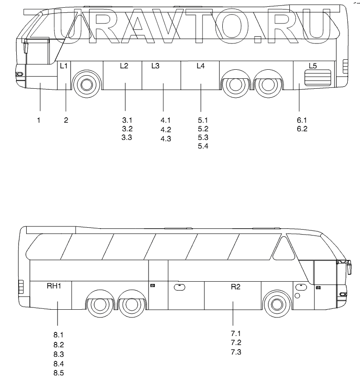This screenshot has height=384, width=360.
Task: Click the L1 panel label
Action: pyautogui.click(x=64, y=66)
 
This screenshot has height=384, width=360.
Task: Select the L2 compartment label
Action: pyautogui.click(x=124, y=66)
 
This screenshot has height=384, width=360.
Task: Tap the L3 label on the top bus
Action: pyautogui.click(x=155, y=66)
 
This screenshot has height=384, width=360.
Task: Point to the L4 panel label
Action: pyautogui.click(x=201, y=66)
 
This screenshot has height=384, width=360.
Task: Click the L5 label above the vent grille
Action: pyautogui.click(x=312, y=66)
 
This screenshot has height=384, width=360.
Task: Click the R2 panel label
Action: pyautogui.click(x=235, y=286)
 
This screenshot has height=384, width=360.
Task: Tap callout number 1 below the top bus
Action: pyautogui.click(x=39, y=120)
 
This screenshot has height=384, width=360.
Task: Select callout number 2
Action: pyautogui.click(x=66, y=120)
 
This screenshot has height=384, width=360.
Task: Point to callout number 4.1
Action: pyautogui.click(x=165, y=120)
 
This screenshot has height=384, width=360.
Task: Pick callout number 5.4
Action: pyautogui.click(x=203, y=146)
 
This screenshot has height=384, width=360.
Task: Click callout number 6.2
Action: pyautogui.click(x=302, y=129)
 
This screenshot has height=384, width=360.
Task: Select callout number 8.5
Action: pyautogui.click(x=58, y=373)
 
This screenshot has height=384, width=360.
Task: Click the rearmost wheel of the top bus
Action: pyautogui.click(x=266, y=84)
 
